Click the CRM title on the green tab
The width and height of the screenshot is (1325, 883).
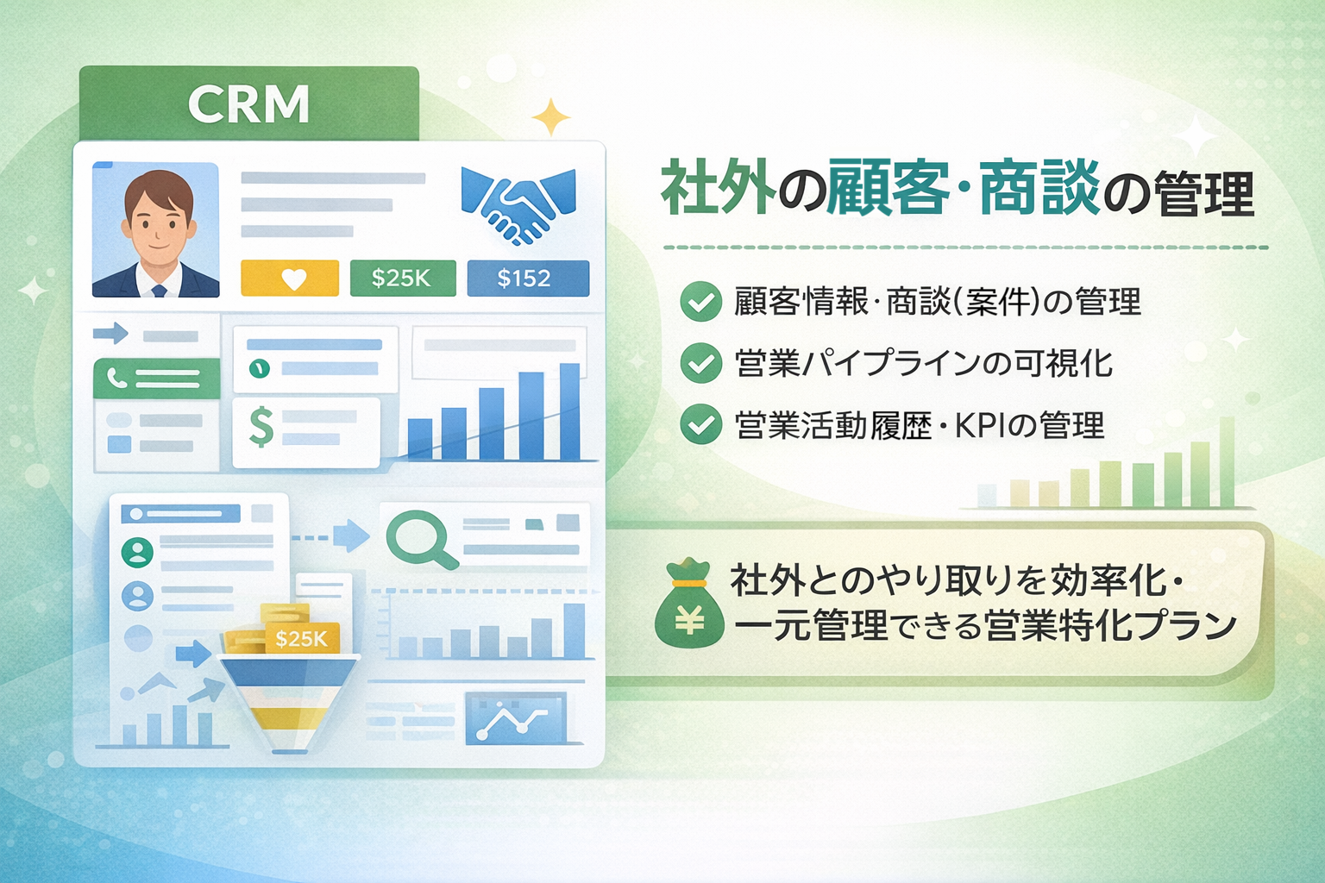pos(248,104)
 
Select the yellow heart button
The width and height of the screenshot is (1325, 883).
pos(290,278)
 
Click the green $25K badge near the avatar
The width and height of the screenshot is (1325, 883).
pos(403,278)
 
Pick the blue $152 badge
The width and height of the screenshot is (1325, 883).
pos(528,278)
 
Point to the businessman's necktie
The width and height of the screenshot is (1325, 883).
pos(159,291)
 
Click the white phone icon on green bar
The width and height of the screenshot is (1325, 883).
pos(117,377)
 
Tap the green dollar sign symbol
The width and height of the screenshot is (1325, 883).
pos(261,428)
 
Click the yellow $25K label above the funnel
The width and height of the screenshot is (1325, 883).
pos(302,639)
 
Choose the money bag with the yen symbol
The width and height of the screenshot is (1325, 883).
pos(688,604)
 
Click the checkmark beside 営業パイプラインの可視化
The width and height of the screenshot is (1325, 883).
pos(701,363)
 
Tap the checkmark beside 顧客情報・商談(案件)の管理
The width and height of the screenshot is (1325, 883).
pos(701,301)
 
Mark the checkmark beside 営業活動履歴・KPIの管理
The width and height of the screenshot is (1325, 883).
pos(701,424)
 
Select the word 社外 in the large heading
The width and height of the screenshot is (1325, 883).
pos(719,188)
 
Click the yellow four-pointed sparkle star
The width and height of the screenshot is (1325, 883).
pos(550,117)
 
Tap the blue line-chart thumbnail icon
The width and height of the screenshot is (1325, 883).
pos(516,717)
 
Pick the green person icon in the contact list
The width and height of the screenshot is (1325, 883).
pos(137,553)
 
